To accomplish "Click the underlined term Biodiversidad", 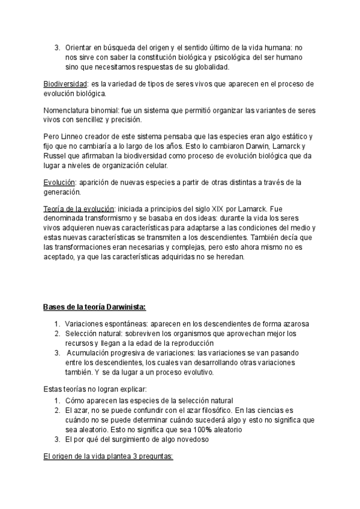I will [65, 83].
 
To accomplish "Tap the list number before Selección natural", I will [57, 333].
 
